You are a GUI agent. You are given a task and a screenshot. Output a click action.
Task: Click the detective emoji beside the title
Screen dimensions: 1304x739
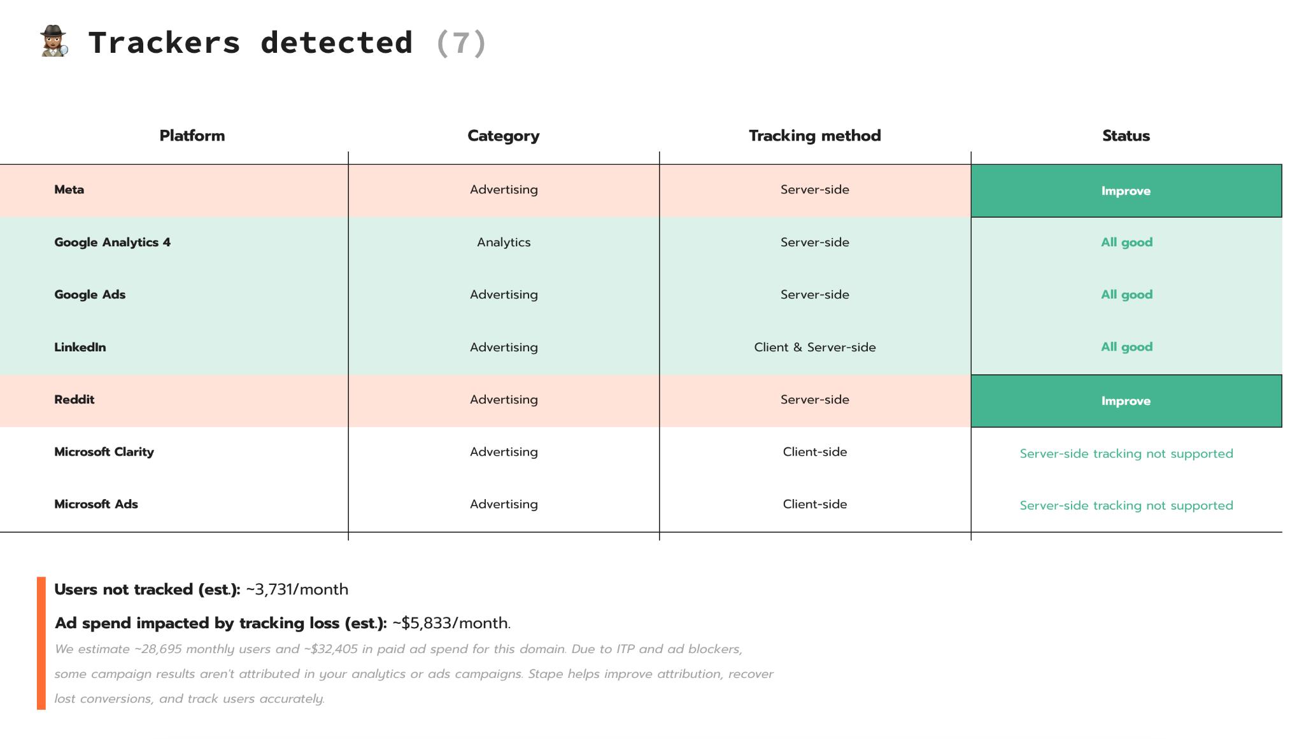(x=54, y=41)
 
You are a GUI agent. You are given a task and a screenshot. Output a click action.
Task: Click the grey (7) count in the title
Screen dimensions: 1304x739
(x=462, y=43)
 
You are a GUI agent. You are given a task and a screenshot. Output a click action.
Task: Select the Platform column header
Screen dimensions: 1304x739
(x=192, y=136)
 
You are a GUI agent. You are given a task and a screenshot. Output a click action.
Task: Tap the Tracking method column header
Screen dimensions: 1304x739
(x=815, y=136)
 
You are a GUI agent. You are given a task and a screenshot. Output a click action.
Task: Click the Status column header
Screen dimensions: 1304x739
(x=1126, y=136)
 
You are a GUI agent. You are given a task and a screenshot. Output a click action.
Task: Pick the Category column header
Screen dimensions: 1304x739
(x=504, y=136)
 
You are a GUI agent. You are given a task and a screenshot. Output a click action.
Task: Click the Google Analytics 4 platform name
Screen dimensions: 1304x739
(x=113, y=243)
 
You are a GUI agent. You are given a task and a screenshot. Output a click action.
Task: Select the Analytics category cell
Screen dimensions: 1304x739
(x=504, y=243)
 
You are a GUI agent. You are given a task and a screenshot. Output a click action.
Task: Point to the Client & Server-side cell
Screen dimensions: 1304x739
(x=815, y=348)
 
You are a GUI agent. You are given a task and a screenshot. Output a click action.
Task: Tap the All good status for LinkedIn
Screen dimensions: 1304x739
(x=1127, y=347)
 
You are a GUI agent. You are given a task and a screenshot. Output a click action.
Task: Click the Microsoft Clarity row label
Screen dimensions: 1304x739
(x=104, y=452)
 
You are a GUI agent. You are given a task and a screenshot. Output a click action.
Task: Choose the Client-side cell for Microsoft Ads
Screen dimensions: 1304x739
(x=815, y=504)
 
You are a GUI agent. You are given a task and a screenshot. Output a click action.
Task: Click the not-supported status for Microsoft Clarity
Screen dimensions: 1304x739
(x=1126, y=454)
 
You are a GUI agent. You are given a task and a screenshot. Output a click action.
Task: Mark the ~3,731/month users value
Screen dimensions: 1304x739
(x=297, y=589)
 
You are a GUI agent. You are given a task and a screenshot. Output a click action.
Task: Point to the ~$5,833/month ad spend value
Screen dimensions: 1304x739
(x=451, y=623)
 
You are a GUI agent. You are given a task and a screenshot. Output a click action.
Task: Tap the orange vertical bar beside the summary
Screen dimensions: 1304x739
(x=41, y=643)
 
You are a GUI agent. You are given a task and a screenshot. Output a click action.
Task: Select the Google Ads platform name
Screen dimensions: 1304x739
(x=90, y=295)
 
